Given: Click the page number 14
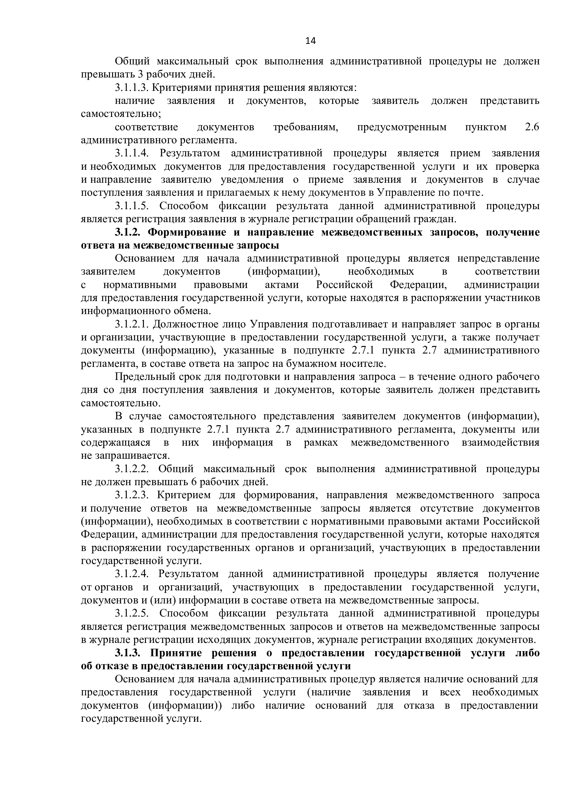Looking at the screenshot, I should pos(310,41).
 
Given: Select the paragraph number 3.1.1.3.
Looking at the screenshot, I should pos(132,88).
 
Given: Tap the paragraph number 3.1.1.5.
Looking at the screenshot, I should pos(132,206).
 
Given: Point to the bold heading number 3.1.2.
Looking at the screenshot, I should pos(126,232).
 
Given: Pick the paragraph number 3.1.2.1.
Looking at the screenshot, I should pos(132,324).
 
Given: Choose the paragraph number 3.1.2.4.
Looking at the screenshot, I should pos(132,574).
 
